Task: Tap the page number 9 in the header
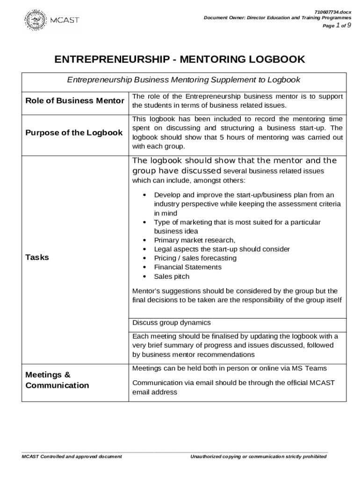pos(349,26)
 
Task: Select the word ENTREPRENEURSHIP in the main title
pos(111,59)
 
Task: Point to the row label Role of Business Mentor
pos(75,101)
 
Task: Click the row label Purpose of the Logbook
pos(74,132)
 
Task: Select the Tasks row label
pos(37,257)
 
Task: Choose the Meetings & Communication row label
pos(57,380)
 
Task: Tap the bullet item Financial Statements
pos(187,267)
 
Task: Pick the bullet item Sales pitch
pos(172,276)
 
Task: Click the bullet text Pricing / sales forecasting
pos(195,258)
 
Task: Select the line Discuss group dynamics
pos(172,323)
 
